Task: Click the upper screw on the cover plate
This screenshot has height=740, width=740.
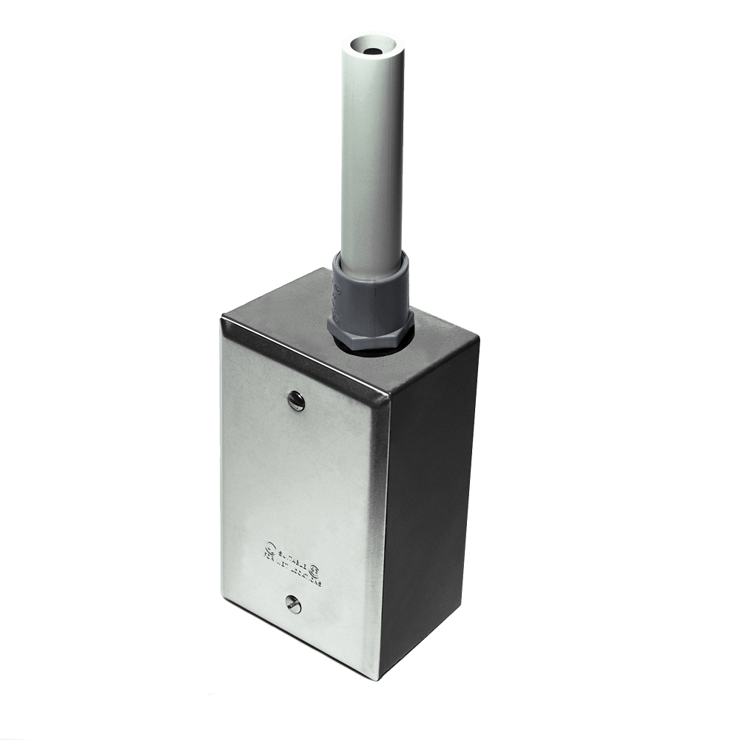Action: click(296, 400)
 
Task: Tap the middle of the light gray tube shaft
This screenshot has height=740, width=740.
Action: click(372, 163)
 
